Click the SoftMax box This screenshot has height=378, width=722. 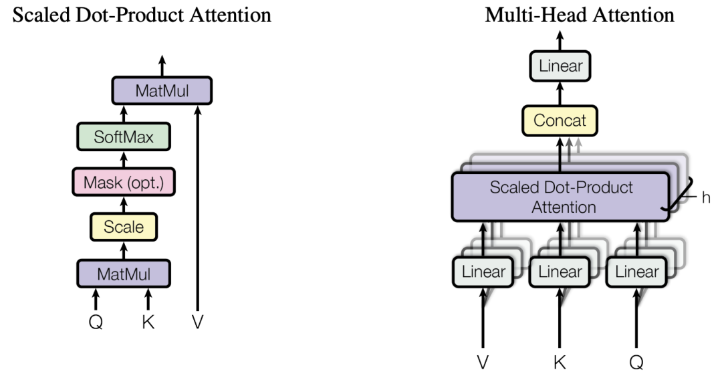[x=124, y=137]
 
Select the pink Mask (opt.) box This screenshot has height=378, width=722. [x=124, y=182]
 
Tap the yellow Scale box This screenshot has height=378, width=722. [x=124, y=227]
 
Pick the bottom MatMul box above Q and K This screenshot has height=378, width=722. [x=124, y=273]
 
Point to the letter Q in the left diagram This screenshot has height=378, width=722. [x=96, y=322]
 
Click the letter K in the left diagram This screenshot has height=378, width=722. [x=148, y=322]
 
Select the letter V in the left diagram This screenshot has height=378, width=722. [x=197, y=322]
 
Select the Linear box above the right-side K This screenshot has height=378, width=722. [x=560, y=272]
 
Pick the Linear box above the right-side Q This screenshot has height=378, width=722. [x=636, y=272]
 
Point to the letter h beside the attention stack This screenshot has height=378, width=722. [x=706, y=199]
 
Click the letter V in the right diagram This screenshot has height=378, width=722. [x=483, y=361]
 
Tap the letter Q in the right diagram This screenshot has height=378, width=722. [x=636, y=361]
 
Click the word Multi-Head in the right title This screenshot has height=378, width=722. [x=529, y=15]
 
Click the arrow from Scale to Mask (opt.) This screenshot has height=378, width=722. [x=124, y=204]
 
